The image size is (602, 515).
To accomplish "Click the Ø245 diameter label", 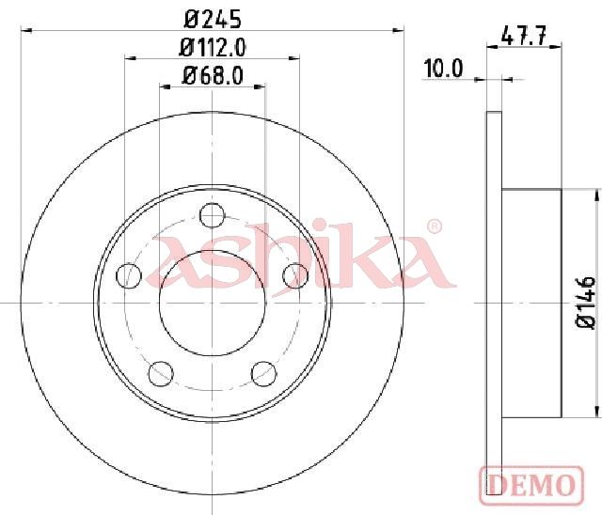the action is pyautogui.click(x=213, y=19).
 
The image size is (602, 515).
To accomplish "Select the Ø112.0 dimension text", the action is pyautogui.click(x=213, y=48).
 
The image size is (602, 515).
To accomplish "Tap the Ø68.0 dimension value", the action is pyautogui.click(x=213, y=75).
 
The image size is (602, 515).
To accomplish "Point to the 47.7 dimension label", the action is pyautogui.click(x=524, y=37).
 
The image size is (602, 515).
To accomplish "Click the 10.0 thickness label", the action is pyautogui.click(x=443, y=69).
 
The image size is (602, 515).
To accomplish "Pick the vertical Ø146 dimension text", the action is pyautogui.click(x=585, y=303).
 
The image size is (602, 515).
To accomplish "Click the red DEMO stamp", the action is pyautogui.click(x=531, y=485).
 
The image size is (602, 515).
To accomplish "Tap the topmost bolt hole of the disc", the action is pyautogui.click(x=213, y=215).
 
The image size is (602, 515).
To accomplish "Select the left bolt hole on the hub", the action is pyautogui.click(x=129, y=275).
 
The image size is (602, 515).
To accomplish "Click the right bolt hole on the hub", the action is pyautogui.click(x=295, y=275).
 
